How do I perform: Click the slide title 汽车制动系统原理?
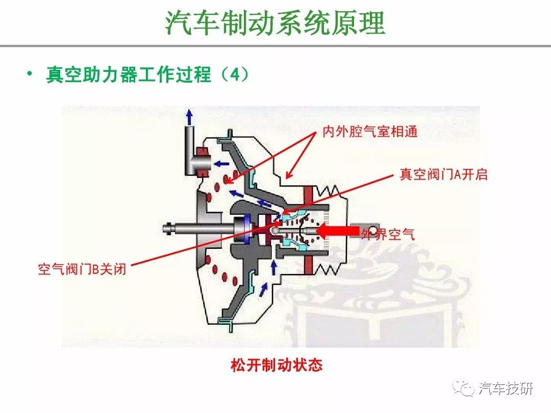click(x=275, y=23)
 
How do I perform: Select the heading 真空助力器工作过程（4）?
click(x=147, y=74)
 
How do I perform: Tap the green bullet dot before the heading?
click(x=30, y=73)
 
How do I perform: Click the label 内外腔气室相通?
click(x=370, y=132)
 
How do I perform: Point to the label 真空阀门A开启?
click(x=443, y=174)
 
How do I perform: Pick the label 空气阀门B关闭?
click(x=82, y=269)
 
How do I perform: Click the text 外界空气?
click(x=388, y=234)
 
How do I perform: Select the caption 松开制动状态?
click(x=276, y=365)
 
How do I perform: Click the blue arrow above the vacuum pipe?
click(x=190, y=117)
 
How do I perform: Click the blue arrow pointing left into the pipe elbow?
click(x=221, y=163)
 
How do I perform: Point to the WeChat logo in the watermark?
click(x=463, y=388)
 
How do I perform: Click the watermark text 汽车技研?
click(x=506, y=389)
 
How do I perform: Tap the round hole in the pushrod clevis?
click(x=372, y=231)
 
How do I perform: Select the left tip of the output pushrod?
click(x=164, y=229)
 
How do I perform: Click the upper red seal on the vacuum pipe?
click(x=202, y=152)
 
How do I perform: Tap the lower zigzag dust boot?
click(x=327, y=270)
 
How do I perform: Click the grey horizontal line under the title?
click(x=275, y=46)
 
